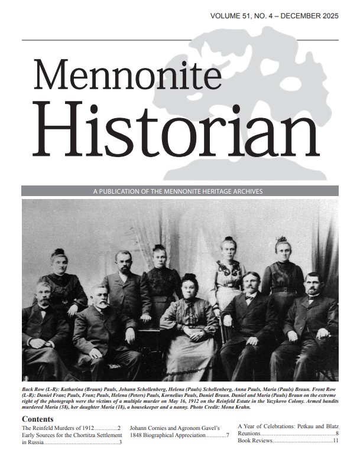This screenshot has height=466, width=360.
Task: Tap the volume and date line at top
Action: point(274,16)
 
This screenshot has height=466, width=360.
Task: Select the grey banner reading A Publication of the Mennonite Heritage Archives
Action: point(180,191)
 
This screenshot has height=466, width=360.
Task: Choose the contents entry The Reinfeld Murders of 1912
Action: point(58,428)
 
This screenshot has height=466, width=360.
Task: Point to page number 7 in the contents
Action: point(228,435)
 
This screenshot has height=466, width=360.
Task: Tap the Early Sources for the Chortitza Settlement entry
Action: point(71,435)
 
